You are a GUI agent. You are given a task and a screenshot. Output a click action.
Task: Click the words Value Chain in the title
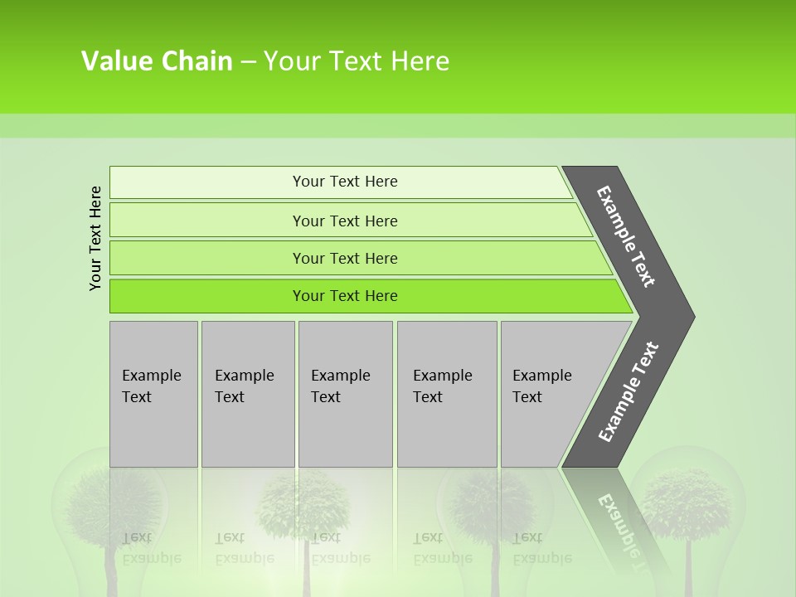157,61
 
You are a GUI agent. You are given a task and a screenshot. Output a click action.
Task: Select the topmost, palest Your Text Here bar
340,182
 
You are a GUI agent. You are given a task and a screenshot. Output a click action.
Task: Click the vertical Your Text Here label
95,238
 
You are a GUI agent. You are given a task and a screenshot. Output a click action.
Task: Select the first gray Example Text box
153,393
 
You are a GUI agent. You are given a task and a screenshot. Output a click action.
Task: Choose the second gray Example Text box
247,393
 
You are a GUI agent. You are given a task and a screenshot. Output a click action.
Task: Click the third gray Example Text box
345,393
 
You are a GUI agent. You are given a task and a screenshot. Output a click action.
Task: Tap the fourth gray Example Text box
446,393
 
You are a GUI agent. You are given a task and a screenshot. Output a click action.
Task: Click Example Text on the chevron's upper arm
626,236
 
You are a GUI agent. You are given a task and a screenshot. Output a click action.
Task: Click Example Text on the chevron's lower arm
628,391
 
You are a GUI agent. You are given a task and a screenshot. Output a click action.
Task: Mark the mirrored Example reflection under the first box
152,558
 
